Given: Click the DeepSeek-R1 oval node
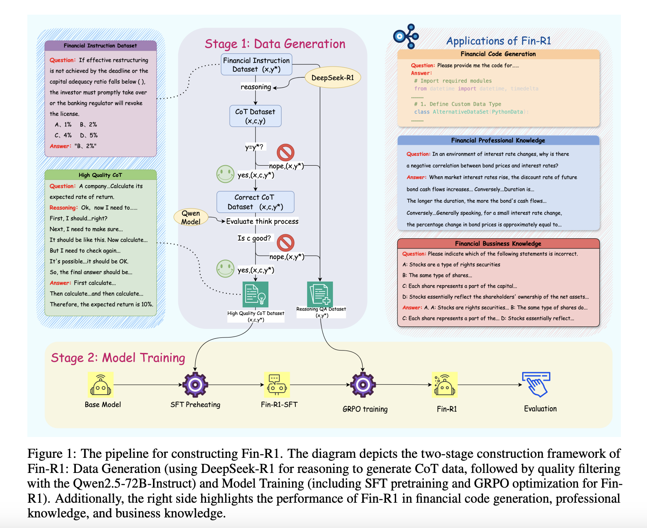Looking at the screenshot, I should tap(332, 78).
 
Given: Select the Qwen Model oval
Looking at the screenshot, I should tap(191, 217).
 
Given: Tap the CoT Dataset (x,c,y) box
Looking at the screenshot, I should tap(255, 116).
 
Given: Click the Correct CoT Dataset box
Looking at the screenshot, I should tap(255, 202).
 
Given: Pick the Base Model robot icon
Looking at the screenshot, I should tap(101, 385).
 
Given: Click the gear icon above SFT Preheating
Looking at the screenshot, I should tap(195, 384).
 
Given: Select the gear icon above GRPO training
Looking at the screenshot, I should tap(363, 384).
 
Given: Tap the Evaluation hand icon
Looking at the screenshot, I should tap(536, 384).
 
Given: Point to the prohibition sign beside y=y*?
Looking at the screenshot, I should tap(286, 152).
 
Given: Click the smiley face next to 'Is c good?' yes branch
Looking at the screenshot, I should tap(225, 268).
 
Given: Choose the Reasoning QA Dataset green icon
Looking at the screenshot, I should tap(320, 294).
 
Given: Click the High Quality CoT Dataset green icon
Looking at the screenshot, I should tap(255, 294).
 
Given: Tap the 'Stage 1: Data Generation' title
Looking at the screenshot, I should tap(275, 44).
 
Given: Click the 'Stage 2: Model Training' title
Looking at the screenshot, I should tap(118, 358).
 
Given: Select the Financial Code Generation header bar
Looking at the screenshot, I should tap(498, 54).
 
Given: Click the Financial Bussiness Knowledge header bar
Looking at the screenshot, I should tap(498, 244).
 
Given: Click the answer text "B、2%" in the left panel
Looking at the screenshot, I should tap(85, 146).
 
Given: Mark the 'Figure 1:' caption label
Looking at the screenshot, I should tap(52, 454).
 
